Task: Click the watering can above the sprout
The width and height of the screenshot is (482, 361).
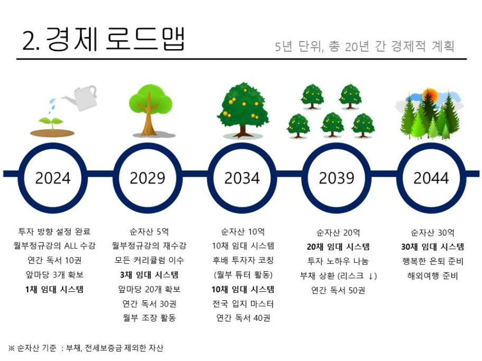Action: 80,98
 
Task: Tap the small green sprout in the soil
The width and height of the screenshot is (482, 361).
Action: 52,123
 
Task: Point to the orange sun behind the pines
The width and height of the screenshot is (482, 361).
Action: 430,96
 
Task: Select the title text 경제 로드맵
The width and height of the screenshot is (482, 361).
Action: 115,39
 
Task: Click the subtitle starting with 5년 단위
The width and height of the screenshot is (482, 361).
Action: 365,46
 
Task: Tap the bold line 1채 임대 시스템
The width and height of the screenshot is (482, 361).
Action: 54,289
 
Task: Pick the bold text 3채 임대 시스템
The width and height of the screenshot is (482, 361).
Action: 149,275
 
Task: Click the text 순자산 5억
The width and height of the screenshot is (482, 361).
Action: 149,231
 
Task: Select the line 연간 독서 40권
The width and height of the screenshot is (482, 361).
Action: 243,318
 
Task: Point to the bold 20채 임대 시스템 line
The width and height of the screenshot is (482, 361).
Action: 338,247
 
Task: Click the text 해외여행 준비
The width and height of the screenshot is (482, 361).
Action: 432,275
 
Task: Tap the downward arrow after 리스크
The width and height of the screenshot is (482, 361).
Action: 371,276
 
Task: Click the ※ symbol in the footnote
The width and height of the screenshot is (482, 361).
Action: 12,348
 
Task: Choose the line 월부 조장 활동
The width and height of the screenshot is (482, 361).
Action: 149,318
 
